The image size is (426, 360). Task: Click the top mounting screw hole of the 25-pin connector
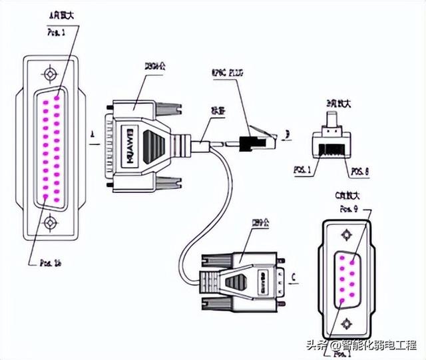tap(49, 74)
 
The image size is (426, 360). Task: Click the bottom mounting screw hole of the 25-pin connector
tap(49, 224)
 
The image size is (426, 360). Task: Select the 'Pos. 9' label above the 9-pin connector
tap(348, 208)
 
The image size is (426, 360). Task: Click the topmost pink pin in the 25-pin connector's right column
tap(59, 97)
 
